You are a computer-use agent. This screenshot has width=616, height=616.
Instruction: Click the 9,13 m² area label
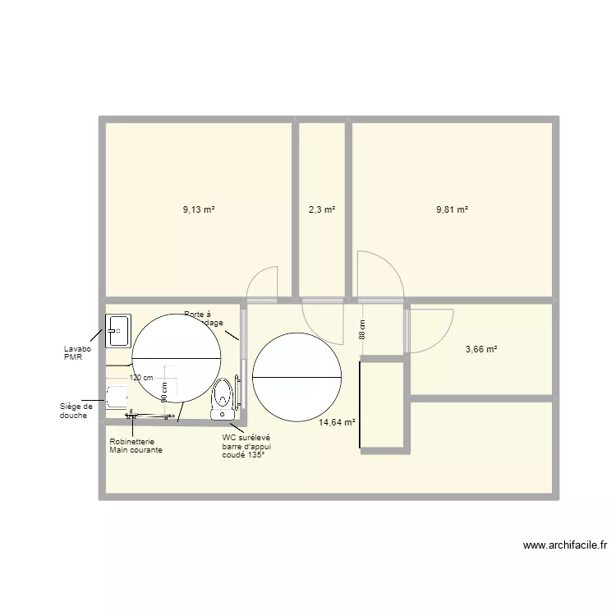[x=198, y=209]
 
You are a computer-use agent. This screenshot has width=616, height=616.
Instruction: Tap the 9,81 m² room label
[x=452, y=209]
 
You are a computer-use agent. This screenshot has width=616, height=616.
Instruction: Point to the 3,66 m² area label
[x=481, y=349]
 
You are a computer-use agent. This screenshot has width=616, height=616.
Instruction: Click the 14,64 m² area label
[x=337, y=422]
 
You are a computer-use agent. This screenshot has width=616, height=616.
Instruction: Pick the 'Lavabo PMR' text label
[x=78, y=352]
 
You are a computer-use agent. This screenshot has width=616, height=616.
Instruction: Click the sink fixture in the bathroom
[x=117, y=329]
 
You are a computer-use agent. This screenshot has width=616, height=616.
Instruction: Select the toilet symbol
[x=222, y=398]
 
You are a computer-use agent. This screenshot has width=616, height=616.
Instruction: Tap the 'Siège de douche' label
[x=77, y=410]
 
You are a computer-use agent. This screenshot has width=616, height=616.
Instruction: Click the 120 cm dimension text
[x=141, y=378]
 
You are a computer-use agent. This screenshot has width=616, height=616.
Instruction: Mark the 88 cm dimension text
[x=361, y=331]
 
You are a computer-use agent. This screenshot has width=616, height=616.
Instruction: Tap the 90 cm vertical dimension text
[x=164, y=391]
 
